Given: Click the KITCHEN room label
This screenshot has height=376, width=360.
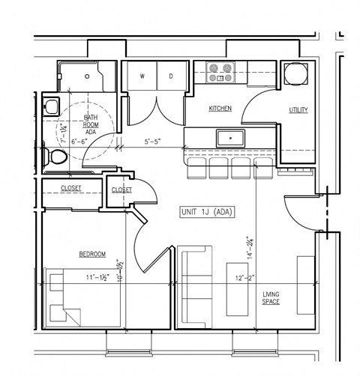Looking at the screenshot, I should (x=220, y=109).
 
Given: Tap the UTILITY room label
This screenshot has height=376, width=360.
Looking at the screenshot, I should (x=298, y=110).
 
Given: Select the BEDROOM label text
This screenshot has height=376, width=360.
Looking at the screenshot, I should (x=92, y=255).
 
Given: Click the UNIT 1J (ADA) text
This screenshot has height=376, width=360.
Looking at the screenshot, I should (x=208, y=212).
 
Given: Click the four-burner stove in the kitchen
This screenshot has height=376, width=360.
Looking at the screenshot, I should (x=220, y=73).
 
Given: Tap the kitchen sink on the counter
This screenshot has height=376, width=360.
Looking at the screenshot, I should (x=230, y=138).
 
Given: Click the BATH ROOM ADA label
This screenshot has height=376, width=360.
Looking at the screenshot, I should (x=91, y=124).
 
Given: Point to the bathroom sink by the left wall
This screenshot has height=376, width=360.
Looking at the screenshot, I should (x=50, y=106).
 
